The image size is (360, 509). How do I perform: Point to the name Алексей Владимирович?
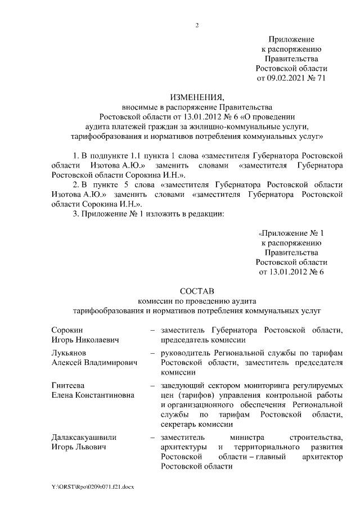94,363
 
